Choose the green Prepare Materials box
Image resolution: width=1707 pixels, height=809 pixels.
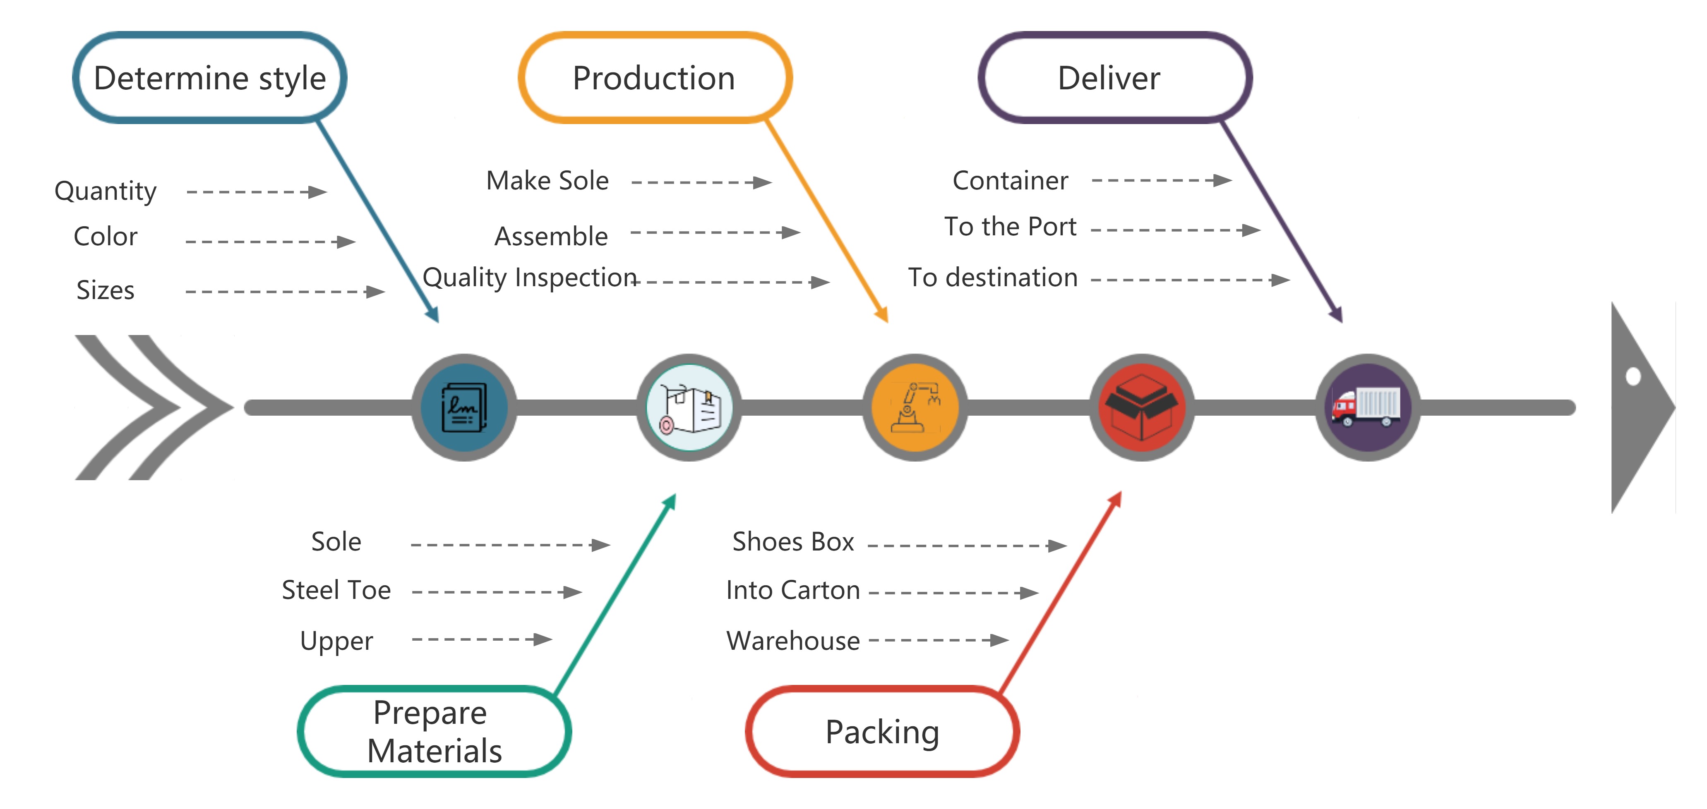tap(434, 732)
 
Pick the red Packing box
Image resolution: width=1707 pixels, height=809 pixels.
tap(882, 732)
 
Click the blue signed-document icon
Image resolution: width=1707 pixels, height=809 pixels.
tap(464, 407)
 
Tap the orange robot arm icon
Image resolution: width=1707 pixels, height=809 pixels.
tap(915, 407)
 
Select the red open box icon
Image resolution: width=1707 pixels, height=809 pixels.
tap(1141, 407)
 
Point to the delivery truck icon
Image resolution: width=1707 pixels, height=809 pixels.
tap(1367, 407)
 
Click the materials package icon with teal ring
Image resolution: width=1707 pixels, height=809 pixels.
tap(689, 407)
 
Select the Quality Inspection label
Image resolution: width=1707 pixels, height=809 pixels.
tap(529, 278)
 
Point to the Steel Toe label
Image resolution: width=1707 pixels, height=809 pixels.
tap(336, 590)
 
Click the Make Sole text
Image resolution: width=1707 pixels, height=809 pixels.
tap(547, 181)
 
